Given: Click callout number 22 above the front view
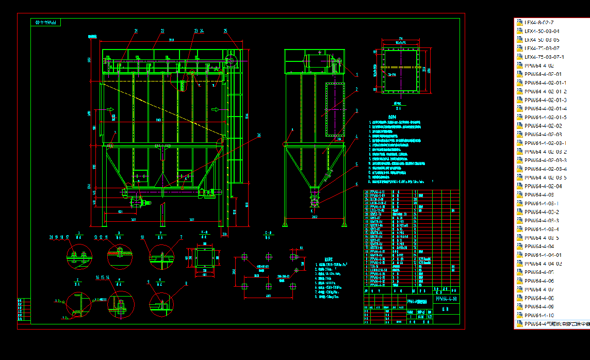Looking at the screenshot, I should pos(162,31).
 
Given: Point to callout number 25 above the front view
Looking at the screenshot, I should pos(225,31).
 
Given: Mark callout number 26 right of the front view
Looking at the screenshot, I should pos(258,136).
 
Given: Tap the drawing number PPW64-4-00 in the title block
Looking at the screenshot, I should pos(447,299).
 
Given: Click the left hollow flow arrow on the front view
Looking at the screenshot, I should pos(110,109).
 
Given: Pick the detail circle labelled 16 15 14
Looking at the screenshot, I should pos(120,304).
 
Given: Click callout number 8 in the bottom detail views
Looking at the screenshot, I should pos(186,283).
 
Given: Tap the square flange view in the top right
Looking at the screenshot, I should pos(400,70).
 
